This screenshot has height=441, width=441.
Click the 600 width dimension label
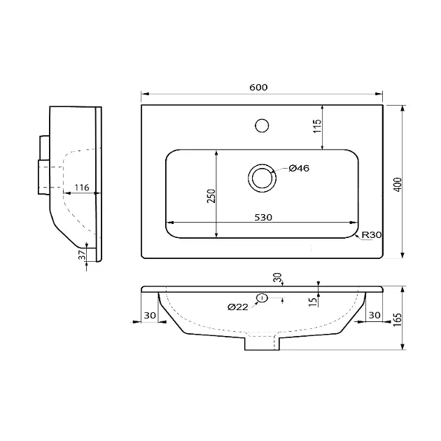[258, 87]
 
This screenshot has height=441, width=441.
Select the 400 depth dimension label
[398, 185]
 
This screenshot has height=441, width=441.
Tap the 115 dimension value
[316, 126]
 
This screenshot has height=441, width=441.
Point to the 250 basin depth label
[211, 196]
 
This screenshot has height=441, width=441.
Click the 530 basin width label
[263, 218]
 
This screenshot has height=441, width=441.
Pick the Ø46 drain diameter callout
[299, 168]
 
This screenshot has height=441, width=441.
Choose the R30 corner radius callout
[372, 234]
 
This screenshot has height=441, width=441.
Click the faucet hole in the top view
[262, 125]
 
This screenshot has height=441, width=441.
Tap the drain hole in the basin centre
[262, 178]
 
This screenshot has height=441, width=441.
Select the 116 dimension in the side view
[82, 188]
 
